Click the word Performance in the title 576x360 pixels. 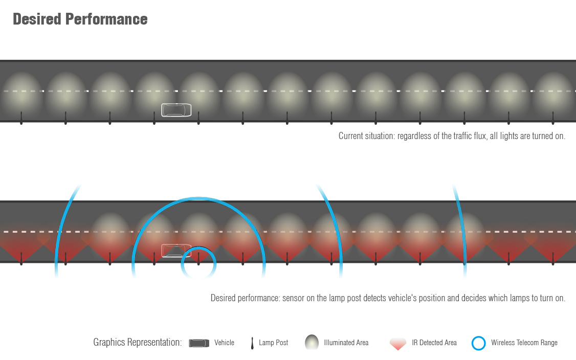106,19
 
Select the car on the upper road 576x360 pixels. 176,110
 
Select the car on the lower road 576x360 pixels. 176,251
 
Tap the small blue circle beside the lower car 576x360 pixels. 199,263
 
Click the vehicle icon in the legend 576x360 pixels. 199,343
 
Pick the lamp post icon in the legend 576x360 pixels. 252,343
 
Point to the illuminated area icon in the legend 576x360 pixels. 311,343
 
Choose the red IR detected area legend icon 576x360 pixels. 398,344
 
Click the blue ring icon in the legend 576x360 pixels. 478,343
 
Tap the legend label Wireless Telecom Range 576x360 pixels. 524,343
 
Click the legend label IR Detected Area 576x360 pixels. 434,343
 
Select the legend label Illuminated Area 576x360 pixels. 346,343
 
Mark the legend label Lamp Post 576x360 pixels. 273,343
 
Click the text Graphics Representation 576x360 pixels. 137,343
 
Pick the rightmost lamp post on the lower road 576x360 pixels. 553,259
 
